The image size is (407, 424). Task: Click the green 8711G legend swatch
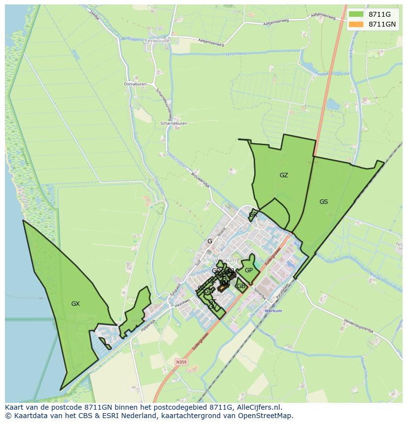356,14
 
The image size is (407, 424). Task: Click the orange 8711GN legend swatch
356,24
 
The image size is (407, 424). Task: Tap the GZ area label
284,175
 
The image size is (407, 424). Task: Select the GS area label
323,202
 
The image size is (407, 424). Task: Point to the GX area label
75,304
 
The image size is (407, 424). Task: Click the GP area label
249,270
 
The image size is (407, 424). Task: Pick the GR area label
253,215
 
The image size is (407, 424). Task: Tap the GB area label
241,286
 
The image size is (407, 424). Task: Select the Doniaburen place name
135,84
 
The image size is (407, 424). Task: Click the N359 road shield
181,362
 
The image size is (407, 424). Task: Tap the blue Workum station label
273,311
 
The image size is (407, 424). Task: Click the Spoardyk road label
260,294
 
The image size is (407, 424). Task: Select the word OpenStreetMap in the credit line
265,416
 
